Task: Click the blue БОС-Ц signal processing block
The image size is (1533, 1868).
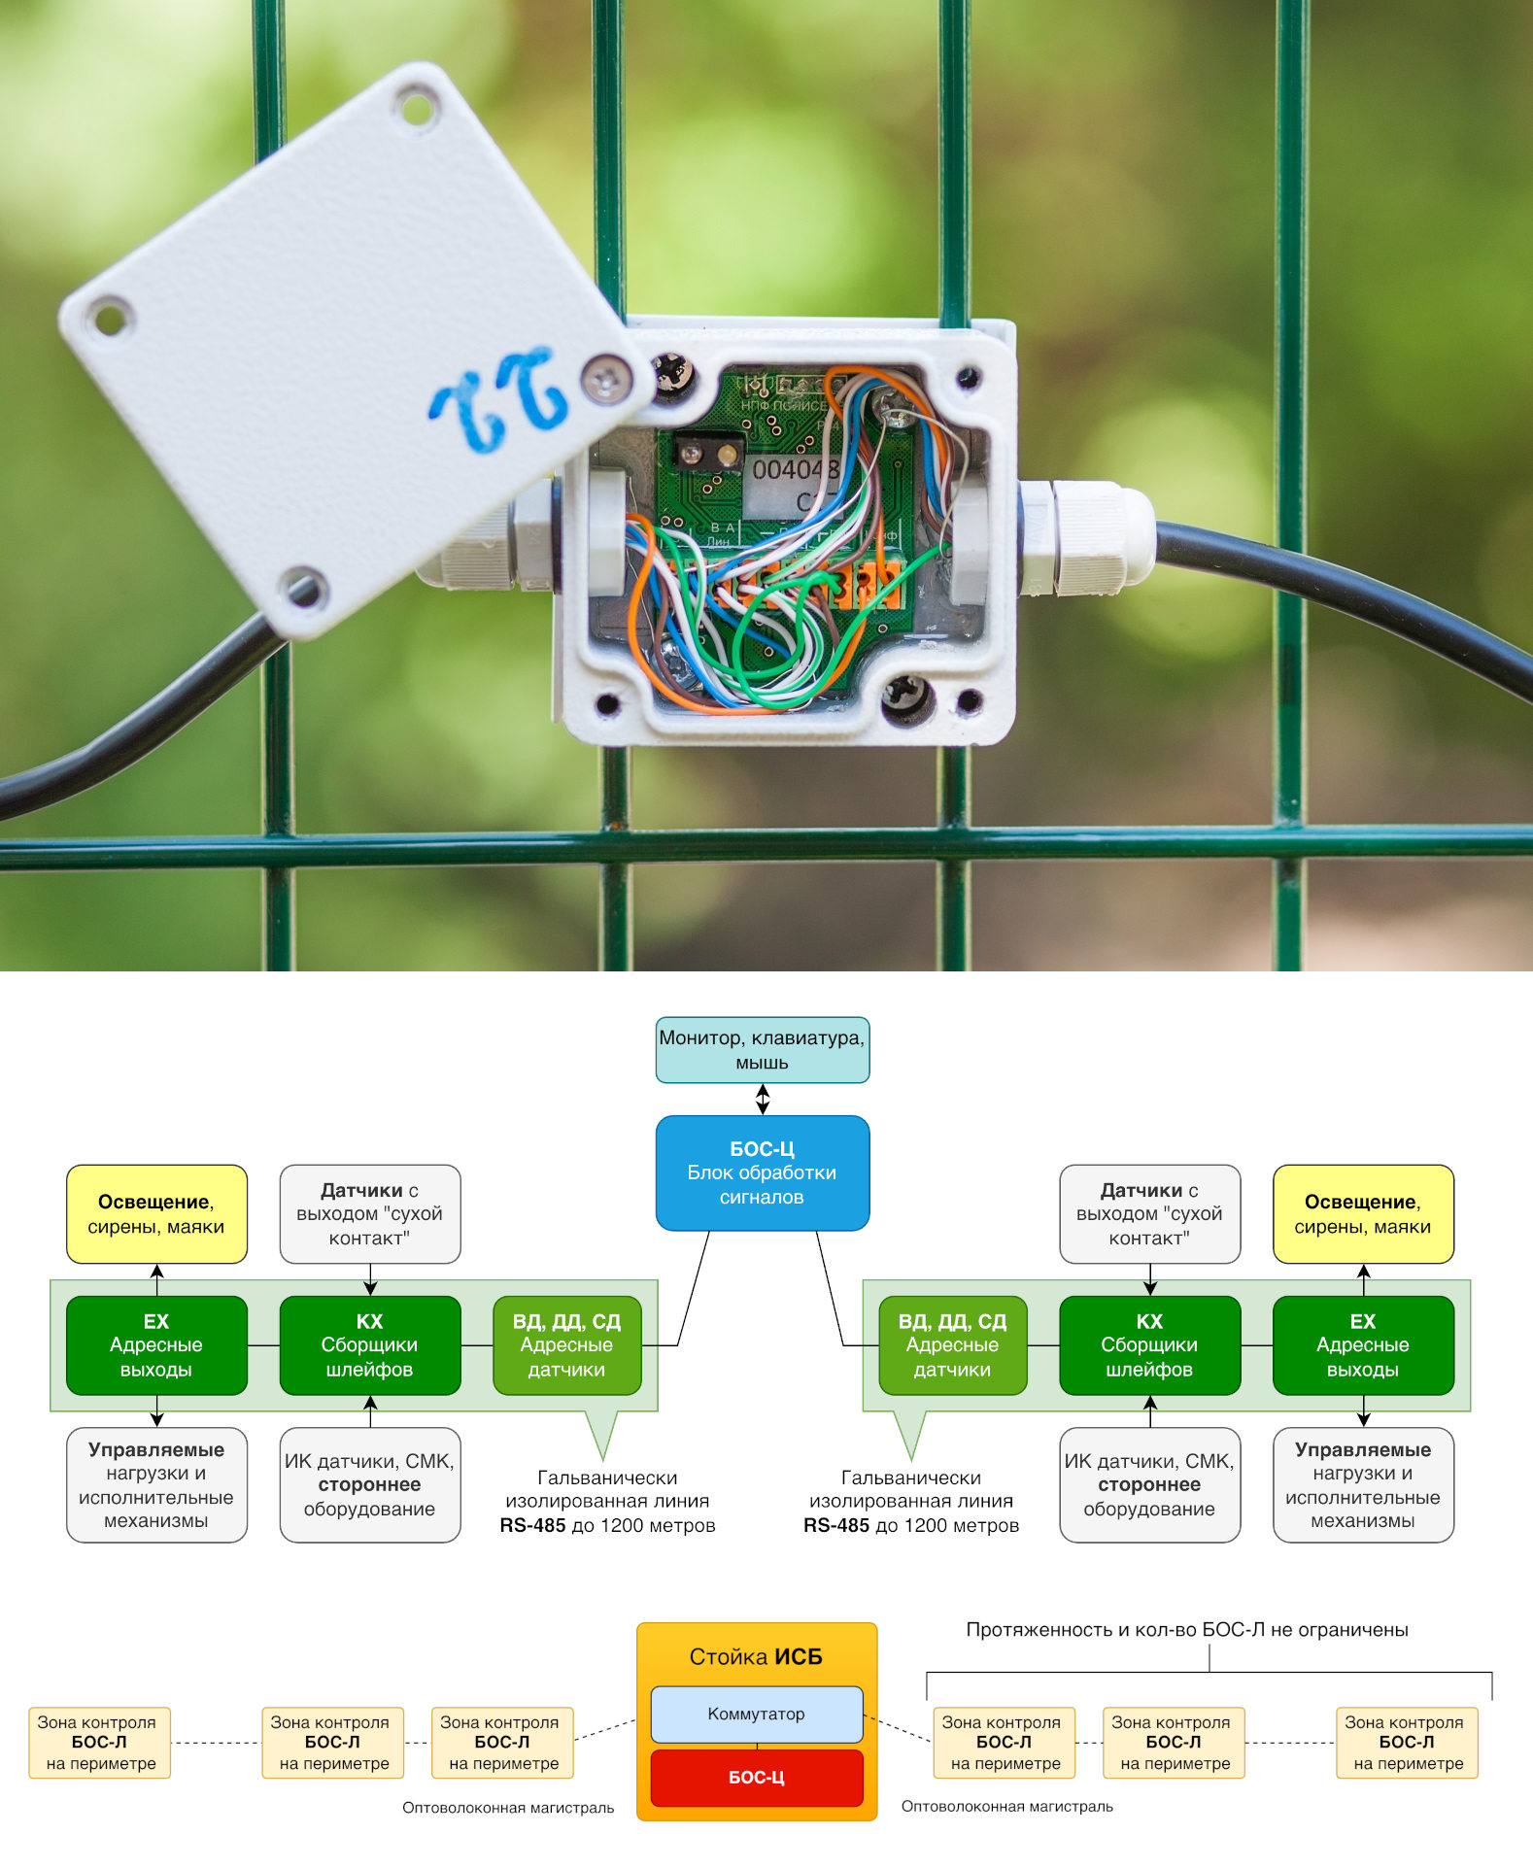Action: pos(762,1172)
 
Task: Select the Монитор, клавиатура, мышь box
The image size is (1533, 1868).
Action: pos(762,1050)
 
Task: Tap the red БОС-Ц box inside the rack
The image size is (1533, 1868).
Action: pos(756,1778)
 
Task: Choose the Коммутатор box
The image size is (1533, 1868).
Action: pos(756,1715)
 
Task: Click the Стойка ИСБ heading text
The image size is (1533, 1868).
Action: pos(756,1657)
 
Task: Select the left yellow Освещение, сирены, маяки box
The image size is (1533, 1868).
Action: pos(156,1214)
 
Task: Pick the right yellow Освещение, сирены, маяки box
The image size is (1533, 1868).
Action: pos(1362,1214)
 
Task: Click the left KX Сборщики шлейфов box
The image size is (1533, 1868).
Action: pos(369,1345)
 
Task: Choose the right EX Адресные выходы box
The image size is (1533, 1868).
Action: pos(1362,1345)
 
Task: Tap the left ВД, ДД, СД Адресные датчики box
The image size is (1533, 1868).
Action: pos(566,1345)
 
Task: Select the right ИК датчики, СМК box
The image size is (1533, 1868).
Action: pos(1149,1484)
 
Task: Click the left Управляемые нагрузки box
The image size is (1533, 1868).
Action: pos(156,1484)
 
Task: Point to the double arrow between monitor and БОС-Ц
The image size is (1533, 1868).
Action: pos(763,1100)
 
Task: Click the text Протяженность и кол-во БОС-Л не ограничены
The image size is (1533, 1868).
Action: pos(1186,1630)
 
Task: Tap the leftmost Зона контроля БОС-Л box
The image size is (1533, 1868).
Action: pos(99,1743)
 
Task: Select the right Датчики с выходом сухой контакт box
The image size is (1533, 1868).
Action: pos(1149,1214)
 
